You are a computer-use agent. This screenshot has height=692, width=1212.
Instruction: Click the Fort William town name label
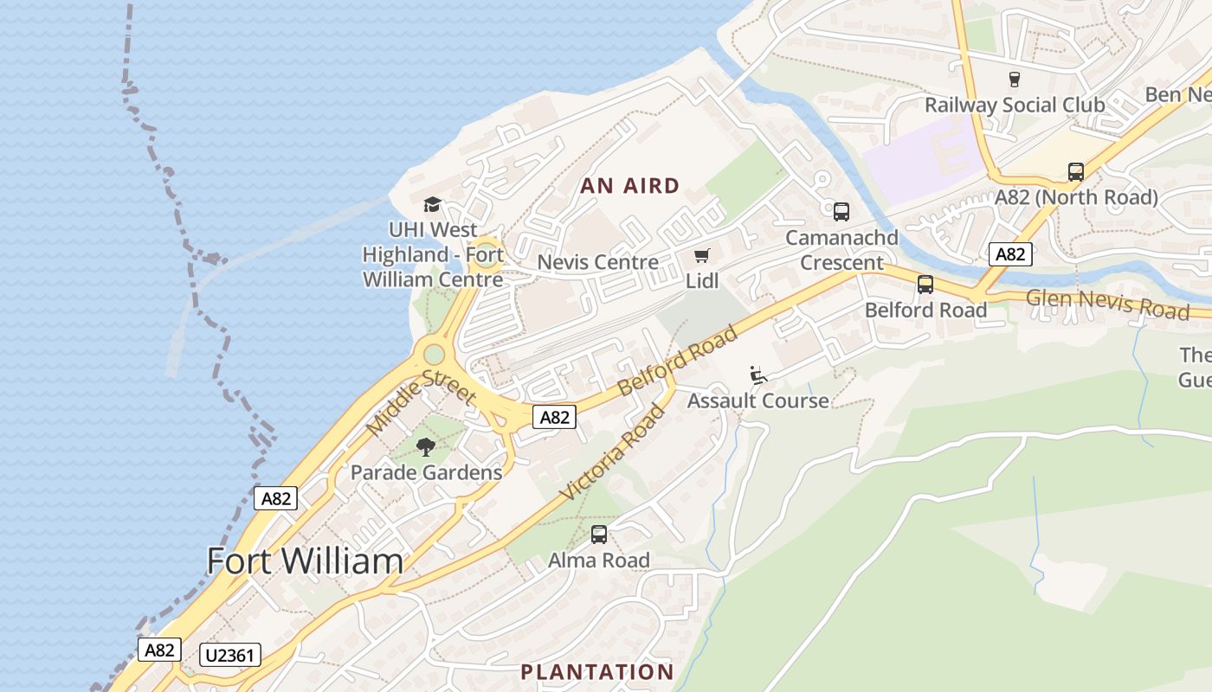[x=305, y=561]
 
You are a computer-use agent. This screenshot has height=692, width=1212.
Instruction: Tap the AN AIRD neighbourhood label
[x=629, y=186]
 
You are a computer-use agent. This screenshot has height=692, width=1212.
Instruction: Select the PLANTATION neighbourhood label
[x=596, y=672]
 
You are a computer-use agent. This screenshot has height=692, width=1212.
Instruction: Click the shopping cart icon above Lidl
[x=702, y=256]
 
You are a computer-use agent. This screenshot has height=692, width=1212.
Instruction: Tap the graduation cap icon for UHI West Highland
[x=432, y=205]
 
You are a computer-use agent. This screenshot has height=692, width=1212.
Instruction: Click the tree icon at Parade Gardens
[x=425, y=447]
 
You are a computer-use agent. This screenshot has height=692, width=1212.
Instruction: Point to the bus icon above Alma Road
[x=598, y=535]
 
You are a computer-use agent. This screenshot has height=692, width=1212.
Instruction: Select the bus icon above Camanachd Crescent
[x=841, y=212]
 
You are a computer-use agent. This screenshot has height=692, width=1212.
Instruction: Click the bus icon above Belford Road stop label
[x=925, y=285]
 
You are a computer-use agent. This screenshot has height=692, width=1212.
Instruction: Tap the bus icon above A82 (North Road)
[x=1075, y=172]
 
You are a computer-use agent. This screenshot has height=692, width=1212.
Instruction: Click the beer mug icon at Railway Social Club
[x=1014, y=80]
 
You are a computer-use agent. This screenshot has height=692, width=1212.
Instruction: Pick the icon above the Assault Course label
[x=758, y=375]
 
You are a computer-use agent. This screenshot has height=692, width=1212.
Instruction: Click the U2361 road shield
[x=229, y=655]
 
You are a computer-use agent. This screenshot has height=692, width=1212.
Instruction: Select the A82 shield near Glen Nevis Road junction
[x=1010, y=254]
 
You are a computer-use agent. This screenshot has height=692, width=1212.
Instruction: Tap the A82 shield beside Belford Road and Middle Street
[x=554, y=417]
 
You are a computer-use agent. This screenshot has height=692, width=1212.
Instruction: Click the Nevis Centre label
[x=597, y=262]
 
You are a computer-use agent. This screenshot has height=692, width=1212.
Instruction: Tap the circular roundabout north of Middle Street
[x=434, y=354]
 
